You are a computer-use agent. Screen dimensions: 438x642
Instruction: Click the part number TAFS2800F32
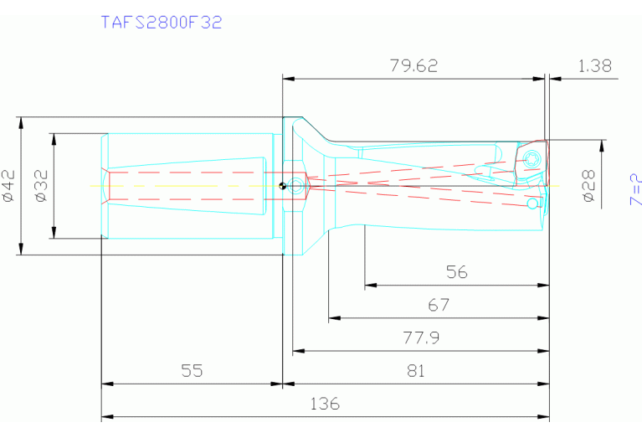click(162, 23)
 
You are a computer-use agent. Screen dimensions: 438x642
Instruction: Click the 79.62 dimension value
click(413, 65)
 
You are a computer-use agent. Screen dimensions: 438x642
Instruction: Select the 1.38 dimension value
click(594, 65)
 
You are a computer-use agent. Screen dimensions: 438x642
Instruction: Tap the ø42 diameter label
click(9, 185)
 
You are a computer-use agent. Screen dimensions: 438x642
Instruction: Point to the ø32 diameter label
click(42, 185)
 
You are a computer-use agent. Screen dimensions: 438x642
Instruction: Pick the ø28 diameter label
click(588, 186)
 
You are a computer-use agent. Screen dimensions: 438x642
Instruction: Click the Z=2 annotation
click(635, 189)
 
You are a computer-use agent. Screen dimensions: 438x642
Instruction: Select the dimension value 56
click(456, 272)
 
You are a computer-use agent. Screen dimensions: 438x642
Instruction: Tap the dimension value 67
click(439, 305)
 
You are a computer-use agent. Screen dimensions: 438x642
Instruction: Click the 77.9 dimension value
click(421, 338)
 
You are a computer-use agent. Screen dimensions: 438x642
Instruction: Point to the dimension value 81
click(414, 370)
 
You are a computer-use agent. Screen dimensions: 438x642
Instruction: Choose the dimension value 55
click(192, 370)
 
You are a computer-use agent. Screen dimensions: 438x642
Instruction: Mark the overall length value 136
click(325, 403)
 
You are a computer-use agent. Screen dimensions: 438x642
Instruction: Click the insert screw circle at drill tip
click(532, 160)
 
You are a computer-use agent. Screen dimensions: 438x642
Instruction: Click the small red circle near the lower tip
click(532, 204)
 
